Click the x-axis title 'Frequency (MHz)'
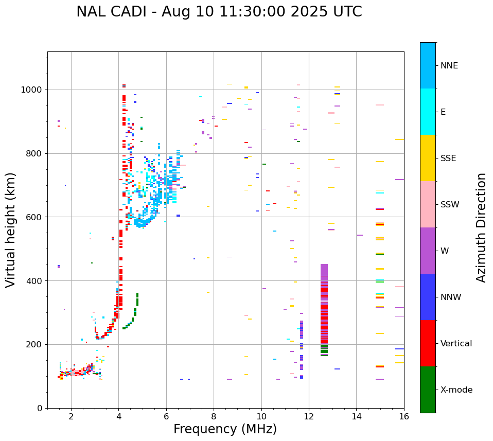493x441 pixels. (x=225, y=429)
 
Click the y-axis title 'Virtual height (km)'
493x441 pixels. (x=11, y=230)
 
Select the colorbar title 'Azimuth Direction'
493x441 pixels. (x=481, y=227)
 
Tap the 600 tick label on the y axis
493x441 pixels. (x=36, y=217)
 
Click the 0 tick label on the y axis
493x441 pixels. (x=40, y=408)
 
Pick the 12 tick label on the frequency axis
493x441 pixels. (x=309, y=416)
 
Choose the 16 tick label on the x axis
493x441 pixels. (x=404, y=416)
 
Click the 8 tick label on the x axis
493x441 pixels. (x=214, y=416)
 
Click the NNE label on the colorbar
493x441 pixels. (x=449, y=66)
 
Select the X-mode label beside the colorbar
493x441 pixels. (x=456, y=390)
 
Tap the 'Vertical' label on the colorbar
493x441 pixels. (x=456, y=344)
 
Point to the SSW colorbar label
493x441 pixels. (x=450, y=205)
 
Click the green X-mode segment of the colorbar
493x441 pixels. (x=428, y=390)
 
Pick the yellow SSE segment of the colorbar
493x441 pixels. (x=428, y=158)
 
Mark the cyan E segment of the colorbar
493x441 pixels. (x=428, y=112)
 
